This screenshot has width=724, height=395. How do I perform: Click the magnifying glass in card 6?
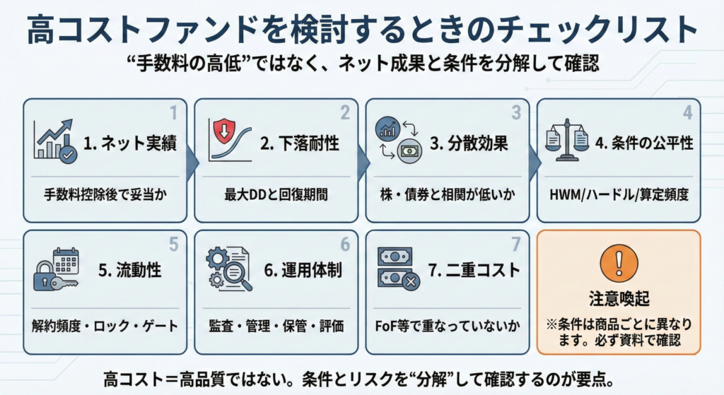click(239, 278)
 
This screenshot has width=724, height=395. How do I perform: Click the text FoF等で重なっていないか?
click(447, 326)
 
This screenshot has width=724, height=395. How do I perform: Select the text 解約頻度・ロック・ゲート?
click(105, 326)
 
